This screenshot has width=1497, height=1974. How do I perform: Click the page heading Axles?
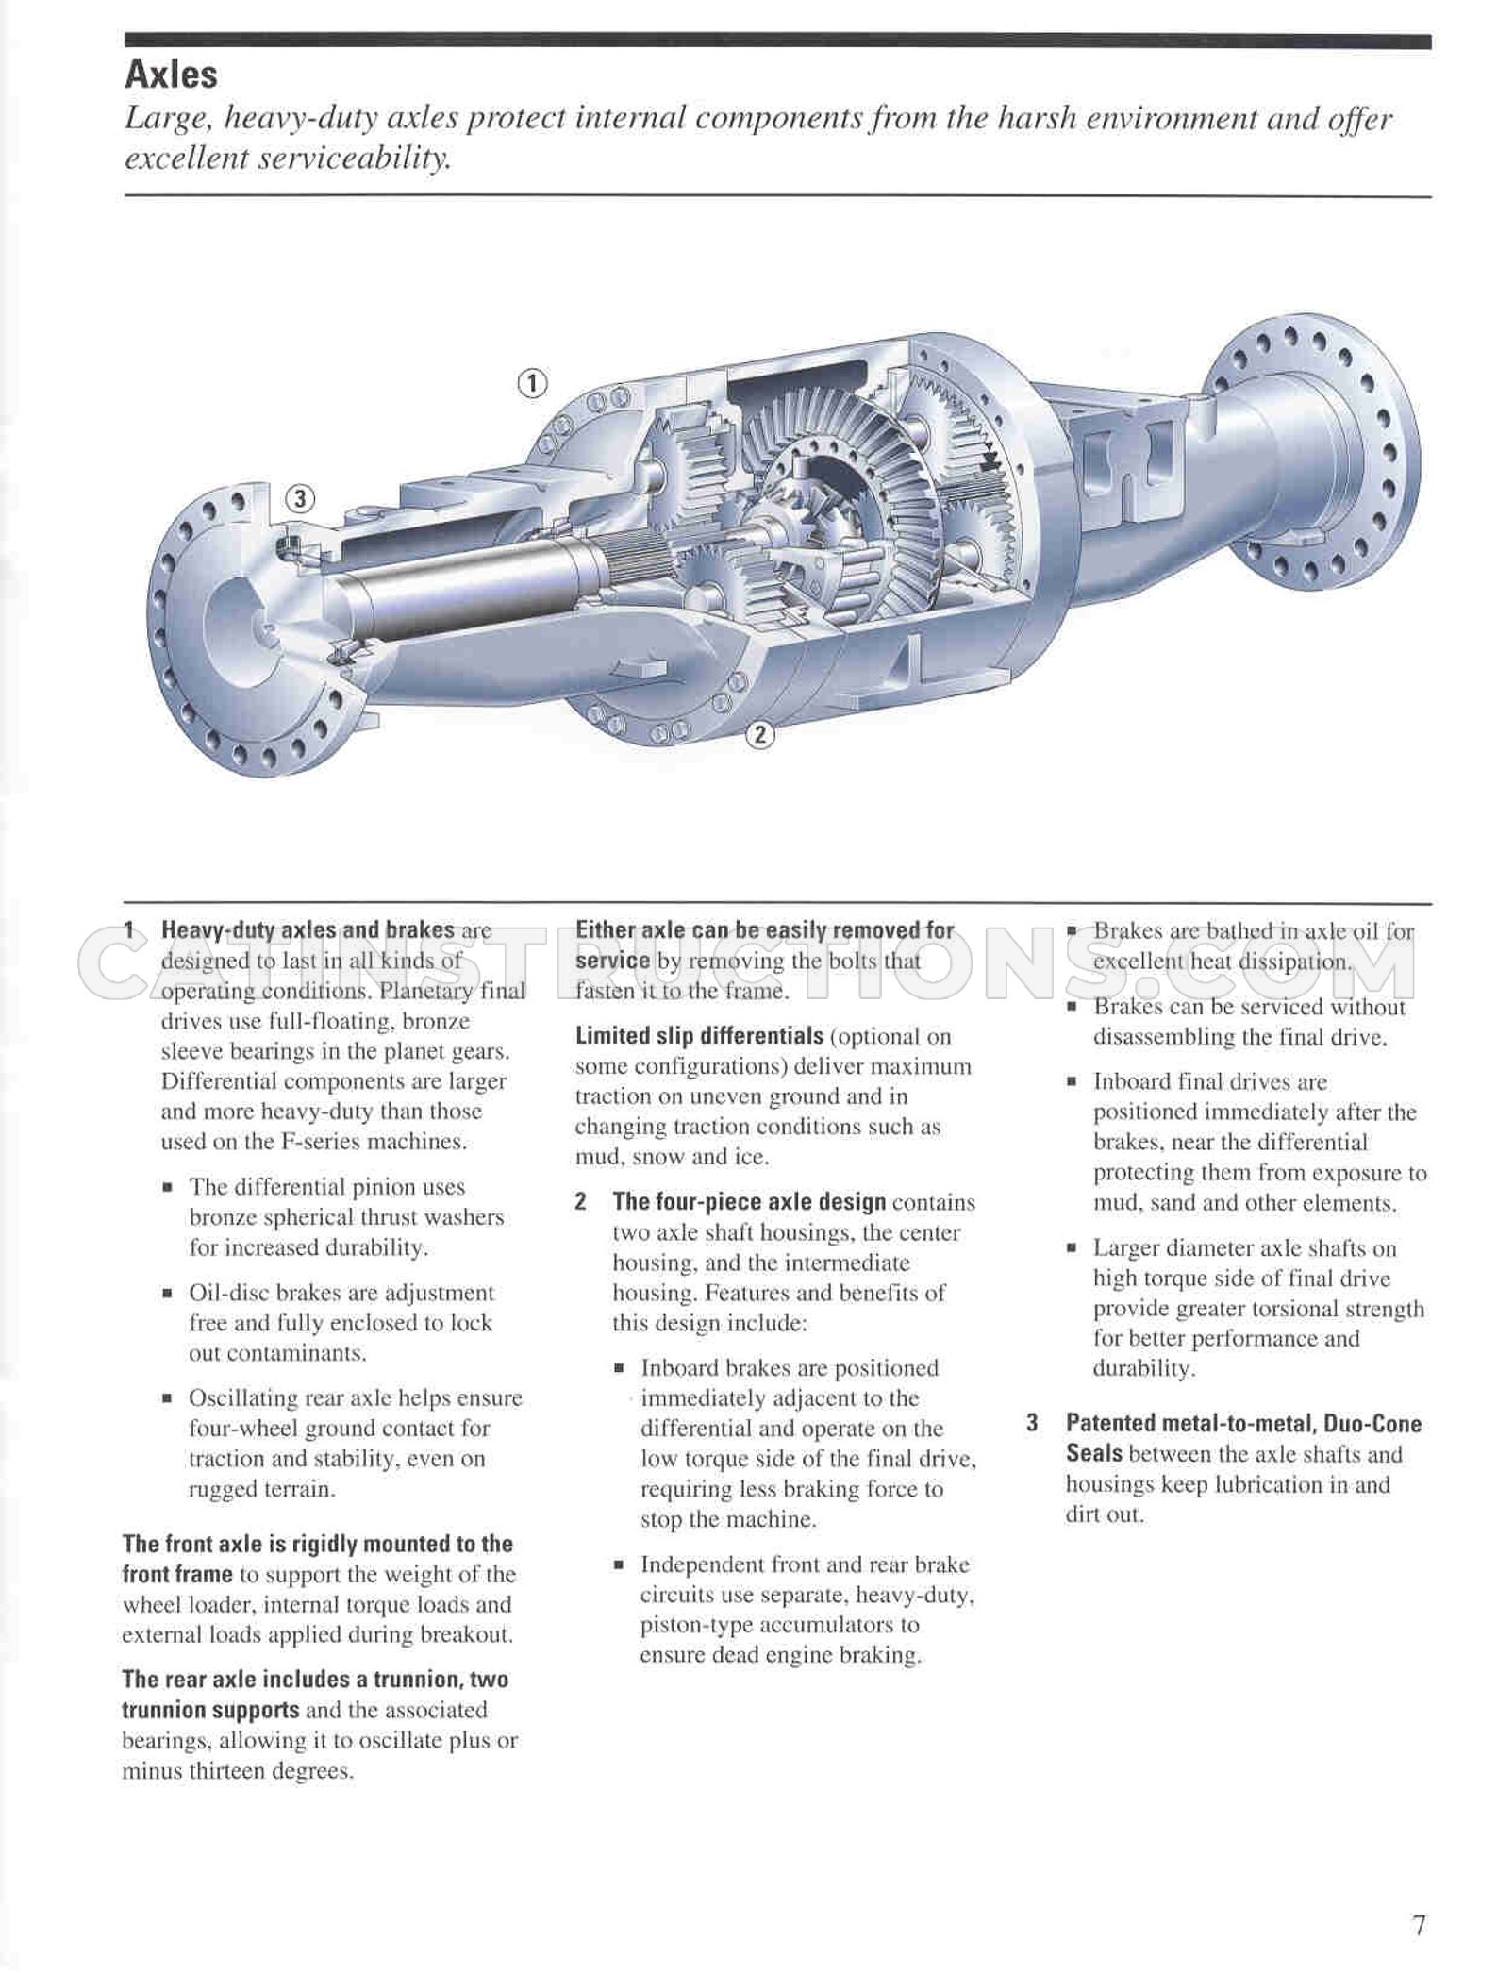coord(171,74)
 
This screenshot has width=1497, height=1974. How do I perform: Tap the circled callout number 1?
coord(532,383)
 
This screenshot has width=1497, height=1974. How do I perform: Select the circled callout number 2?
coord(759,733)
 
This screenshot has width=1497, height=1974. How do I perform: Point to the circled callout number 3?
coord(300,498)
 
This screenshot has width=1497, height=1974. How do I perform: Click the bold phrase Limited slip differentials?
coord(699,1036)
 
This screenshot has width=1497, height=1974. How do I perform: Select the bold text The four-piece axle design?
coord(749,1202)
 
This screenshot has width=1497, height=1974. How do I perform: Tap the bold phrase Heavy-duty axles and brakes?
coord(308,930)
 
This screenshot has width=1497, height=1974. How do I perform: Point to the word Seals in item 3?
coord(1094,1454)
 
